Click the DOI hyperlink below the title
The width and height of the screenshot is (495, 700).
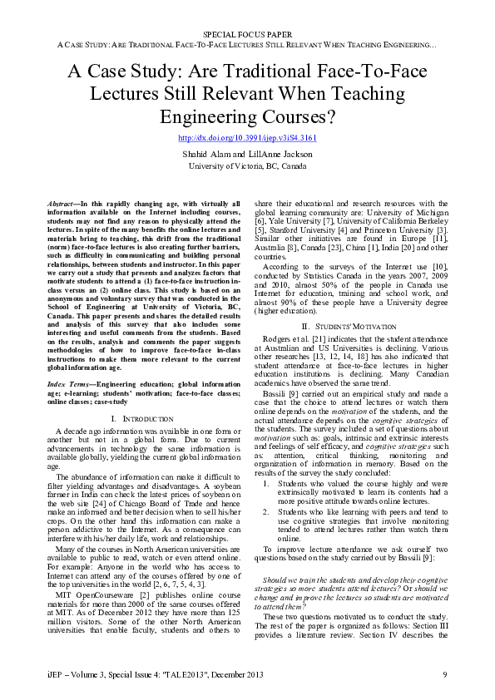247,136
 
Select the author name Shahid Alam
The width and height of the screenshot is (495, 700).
206,154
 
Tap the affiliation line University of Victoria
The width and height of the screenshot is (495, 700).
247,165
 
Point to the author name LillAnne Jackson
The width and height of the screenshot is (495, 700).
281,154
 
